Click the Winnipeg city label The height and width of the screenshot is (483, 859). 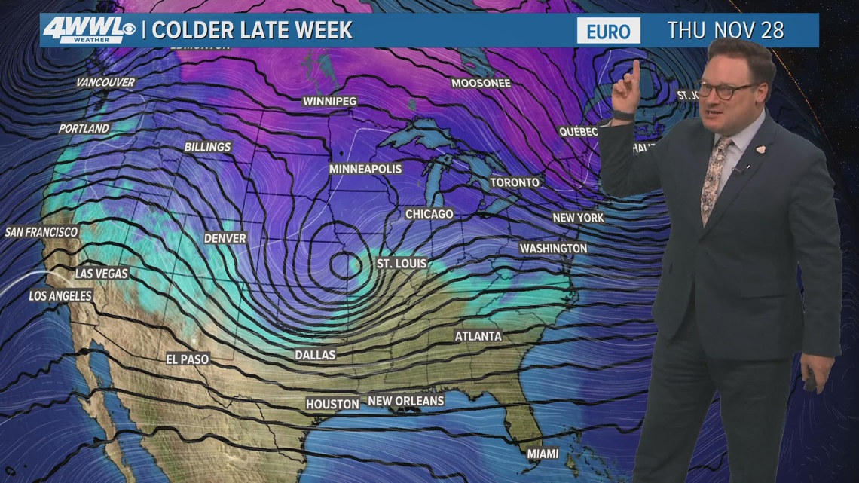coord(329,101)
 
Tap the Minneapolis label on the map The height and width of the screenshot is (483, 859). coord(365,169)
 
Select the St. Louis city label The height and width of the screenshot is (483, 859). coord(402,264)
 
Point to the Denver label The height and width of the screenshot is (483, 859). coord(225,238)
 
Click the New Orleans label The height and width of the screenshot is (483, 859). coord(405,401)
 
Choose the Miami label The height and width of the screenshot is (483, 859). coord(543,454)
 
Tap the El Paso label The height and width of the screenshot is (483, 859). coord(188,359)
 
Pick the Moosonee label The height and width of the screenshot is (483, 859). coord(481,83)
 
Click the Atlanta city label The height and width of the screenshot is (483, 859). coord(478,336)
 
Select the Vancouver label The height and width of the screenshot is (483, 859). coord(105,82)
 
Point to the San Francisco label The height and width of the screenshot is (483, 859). coord(41,232)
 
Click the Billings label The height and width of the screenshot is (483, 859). coord(207,147)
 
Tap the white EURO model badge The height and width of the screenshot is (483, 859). coord(608,31)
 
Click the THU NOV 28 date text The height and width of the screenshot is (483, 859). coord(726,31)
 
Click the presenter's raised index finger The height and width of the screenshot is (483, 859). coord(636,70)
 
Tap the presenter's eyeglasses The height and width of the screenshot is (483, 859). coord(728,90)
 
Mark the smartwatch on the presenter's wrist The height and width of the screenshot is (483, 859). coord(622,115)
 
